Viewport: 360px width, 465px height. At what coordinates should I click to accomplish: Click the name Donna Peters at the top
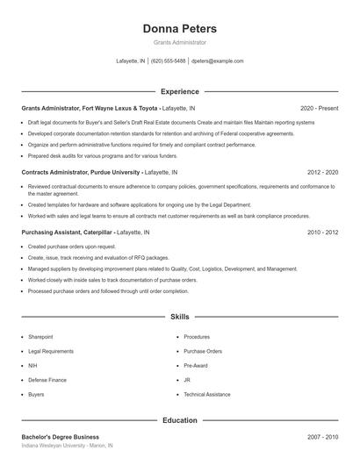pos(179,29)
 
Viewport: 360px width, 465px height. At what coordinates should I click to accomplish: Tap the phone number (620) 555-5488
pos(169,61)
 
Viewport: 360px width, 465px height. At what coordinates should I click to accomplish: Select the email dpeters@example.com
pos(217,61)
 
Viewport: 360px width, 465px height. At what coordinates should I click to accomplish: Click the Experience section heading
pos(179,91)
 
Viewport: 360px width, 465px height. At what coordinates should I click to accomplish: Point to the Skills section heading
pos(179,316)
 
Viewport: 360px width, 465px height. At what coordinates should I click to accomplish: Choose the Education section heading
pos(179,420)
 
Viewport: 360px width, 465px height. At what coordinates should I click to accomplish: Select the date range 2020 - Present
pos(319,108)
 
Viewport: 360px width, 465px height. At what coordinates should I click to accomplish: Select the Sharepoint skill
pos(40,336)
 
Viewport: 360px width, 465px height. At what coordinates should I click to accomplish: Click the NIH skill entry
pos(32,365)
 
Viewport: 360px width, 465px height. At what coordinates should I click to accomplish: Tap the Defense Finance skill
pos(47,380)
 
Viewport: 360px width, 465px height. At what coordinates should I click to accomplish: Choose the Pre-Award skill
pos(195,365)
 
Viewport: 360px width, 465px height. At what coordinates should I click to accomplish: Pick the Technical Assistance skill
pos(206,395)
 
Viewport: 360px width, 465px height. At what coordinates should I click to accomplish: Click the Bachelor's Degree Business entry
pos(60,436)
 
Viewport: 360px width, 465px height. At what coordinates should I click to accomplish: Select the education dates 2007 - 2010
pos(322,436)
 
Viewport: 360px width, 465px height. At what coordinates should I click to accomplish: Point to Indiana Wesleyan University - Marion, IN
pos(67,446)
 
